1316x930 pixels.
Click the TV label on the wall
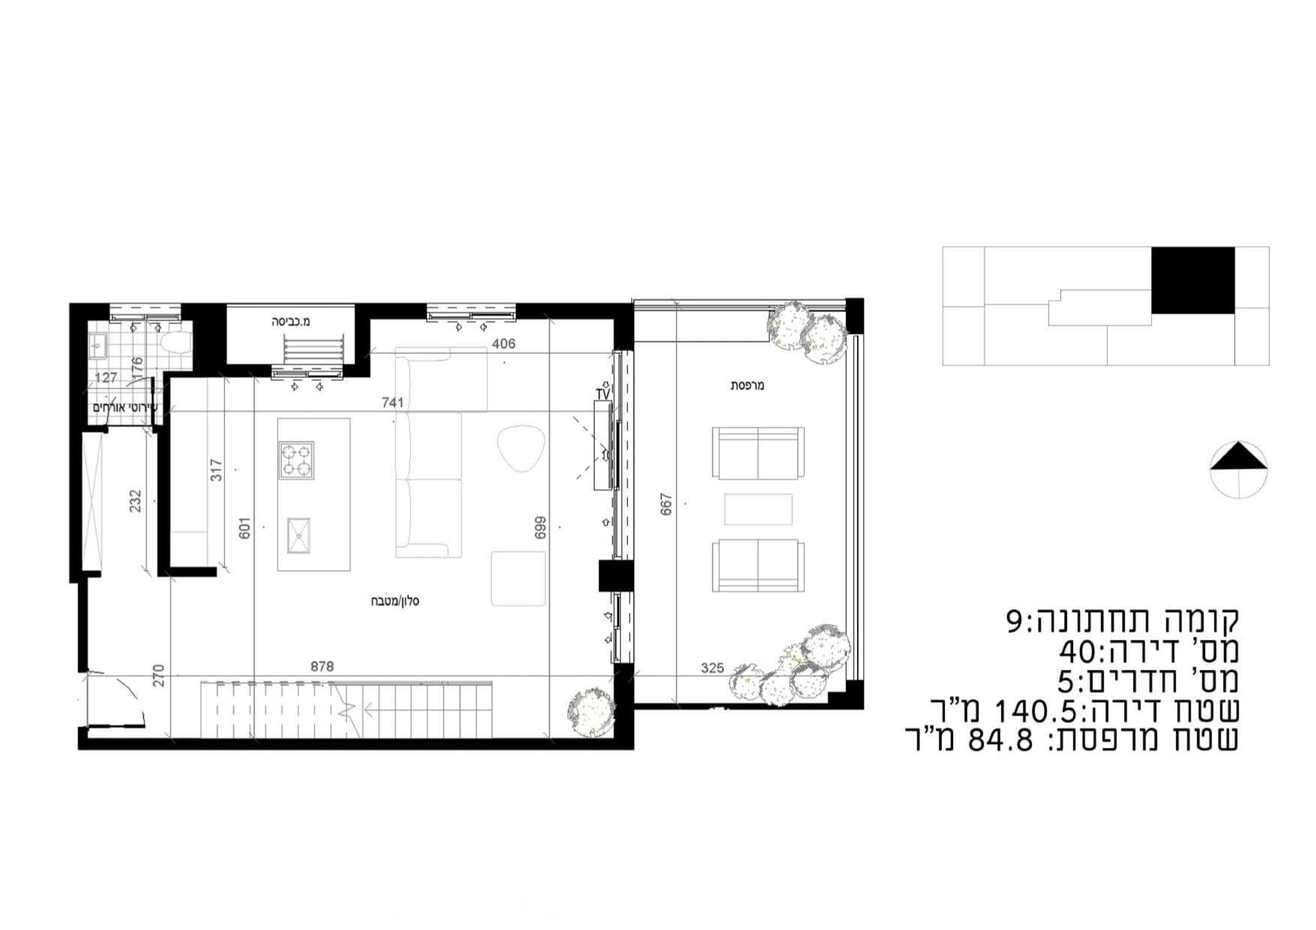coord(602,394)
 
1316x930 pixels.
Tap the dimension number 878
coord(322,666)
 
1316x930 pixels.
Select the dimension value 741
coord(392,403)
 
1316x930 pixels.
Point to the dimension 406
coord(503,344)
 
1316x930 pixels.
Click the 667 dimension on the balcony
coord(666,503)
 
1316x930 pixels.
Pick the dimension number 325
coord(712,667)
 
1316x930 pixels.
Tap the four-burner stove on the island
coord(296,460)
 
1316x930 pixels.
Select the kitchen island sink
coord(298,535)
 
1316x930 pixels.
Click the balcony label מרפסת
coord(747,385)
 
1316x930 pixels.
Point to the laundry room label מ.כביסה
coord(290,322)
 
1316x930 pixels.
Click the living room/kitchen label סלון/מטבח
coord(394,601)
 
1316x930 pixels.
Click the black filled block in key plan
coord(1192,280)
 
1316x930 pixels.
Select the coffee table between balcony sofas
coord(758,509)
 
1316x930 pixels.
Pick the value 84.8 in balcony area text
coord(1000,740)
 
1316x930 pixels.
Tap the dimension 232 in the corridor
coord(135,501)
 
